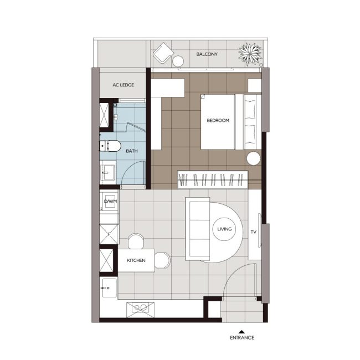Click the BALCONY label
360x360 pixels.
[x=207, y=54]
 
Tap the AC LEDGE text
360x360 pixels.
[x=124, y=85]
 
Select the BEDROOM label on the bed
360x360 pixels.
[x=218, y=120]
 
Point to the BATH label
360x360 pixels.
[x=132, y=151]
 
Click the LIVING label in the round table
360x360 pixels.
[x=224, y=229]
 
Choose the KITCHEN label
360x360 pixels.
[x=136, y=260]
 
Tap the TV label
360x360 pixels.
[x=254, y=232]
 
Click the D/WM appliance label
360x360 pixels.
[x=110, y=202]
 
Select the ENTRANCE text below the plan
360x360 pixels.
[x=242, y=337]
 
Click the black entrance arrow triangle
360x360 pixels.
[x=241, y=332]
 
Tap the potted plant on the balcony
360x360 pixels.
[x=250, y=54]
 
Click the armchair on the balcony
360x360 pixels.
[x=163, y=53]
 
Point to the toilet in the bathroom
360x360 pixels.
[x=110, y=146]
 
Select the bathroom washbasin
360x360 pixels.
[x=107, y=173]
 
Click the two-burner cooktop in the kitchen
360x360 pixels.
[x=140, y=310]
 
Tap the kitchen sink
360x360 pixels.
[x=109, y=288]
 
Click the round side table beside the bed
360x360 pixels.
[x=254, y=158]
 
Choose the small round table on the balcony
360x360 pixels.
[x=178, y=61]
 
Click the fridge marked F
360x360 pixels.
[x=109, y=234]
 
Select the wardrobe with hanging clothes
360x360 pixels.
[x=213, y=179]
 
